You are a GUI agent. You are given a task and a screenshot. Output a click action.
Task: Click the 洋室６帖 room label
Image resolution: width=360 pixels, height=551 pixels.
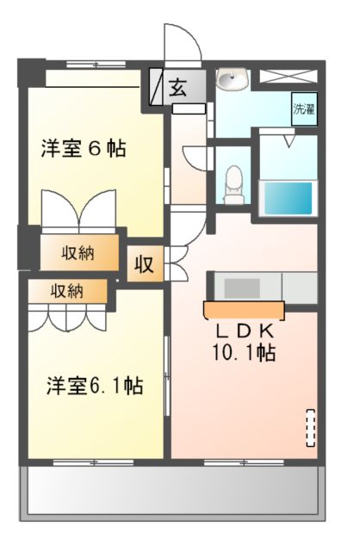(x=84, y=148)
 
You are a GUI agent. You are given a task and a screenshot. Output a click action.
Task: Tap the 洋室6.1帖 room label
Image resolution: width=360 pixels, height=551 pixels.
(x=94, y=387)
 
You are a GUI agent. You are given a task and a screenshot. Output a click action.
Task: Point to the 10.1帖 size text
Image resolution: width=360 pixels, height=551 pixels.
(x=244, y=352)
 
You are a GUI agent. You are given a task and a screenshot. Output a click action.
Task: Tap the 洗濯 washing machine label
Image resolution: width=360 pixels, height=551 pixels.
(x=303, y=109)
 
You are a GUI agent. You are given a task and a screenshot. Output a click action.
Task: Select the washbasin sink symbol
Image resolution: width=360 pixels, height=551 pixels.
(x=233, y=82)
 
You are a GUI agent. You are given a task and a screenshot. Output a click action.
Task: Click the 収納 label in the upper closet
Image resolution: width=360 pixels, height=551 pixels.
(x=78, y=253)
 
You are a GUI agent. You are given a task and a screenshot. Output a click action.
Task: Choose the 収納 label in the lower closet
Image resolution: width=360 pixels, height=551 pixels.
(x=66, y=290)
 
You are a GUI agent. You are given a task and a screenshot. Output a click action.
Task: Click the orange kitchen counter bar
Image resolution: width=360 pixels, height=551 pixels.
(x=244, y=308)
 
